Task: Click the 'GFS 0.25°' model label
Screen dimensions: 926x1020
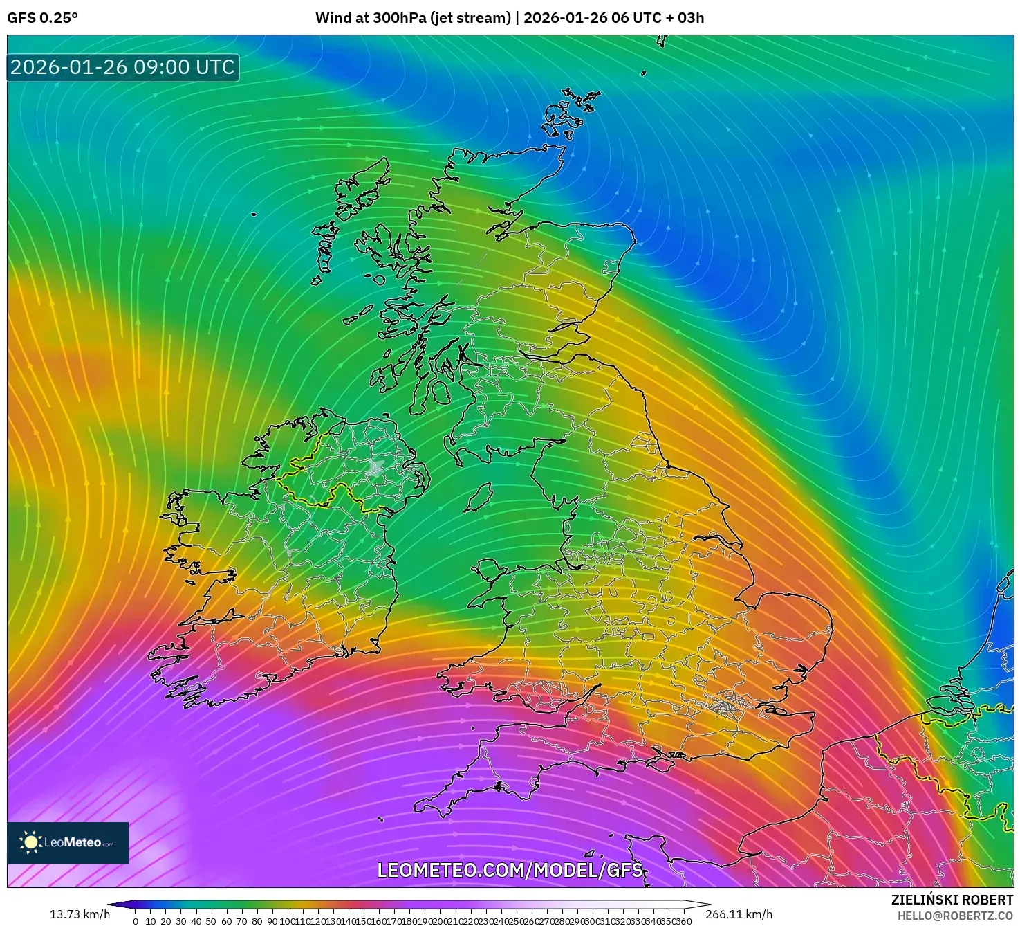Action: point(42,18)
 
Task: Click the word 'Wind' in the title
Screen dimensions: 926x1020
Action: point(331,18)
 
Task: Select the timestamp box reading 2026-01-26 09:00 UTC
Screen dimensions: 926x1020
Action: point(122,67)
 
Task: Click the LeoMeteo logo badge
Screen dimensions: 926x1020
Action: point(68,842)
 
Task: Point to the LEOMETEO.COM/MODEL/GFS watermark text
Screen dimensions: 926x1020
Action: point(510,870)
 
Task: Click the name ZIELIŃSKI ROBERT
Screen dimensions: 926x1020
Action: point(952,900)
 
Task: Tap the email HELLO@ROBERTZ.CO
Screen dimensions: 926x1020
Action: point(955,916)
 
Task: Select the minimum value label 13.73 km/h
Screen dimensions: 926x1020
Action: point(80,914)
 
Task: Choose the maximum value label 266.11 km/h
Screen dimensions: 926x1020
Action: point(739,914)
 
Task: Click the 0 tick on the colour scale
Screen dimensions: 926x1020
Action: point(136,921)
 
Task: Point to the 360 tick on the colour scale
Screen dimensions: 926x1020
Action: point(684,921)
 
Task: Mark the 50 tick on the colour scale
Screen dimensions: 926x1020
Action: point(211,921)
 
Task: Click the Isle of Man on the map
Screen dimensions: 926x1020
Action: point(479,498)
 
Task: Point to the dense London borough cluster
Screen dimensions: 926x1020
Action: point(725,706)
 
